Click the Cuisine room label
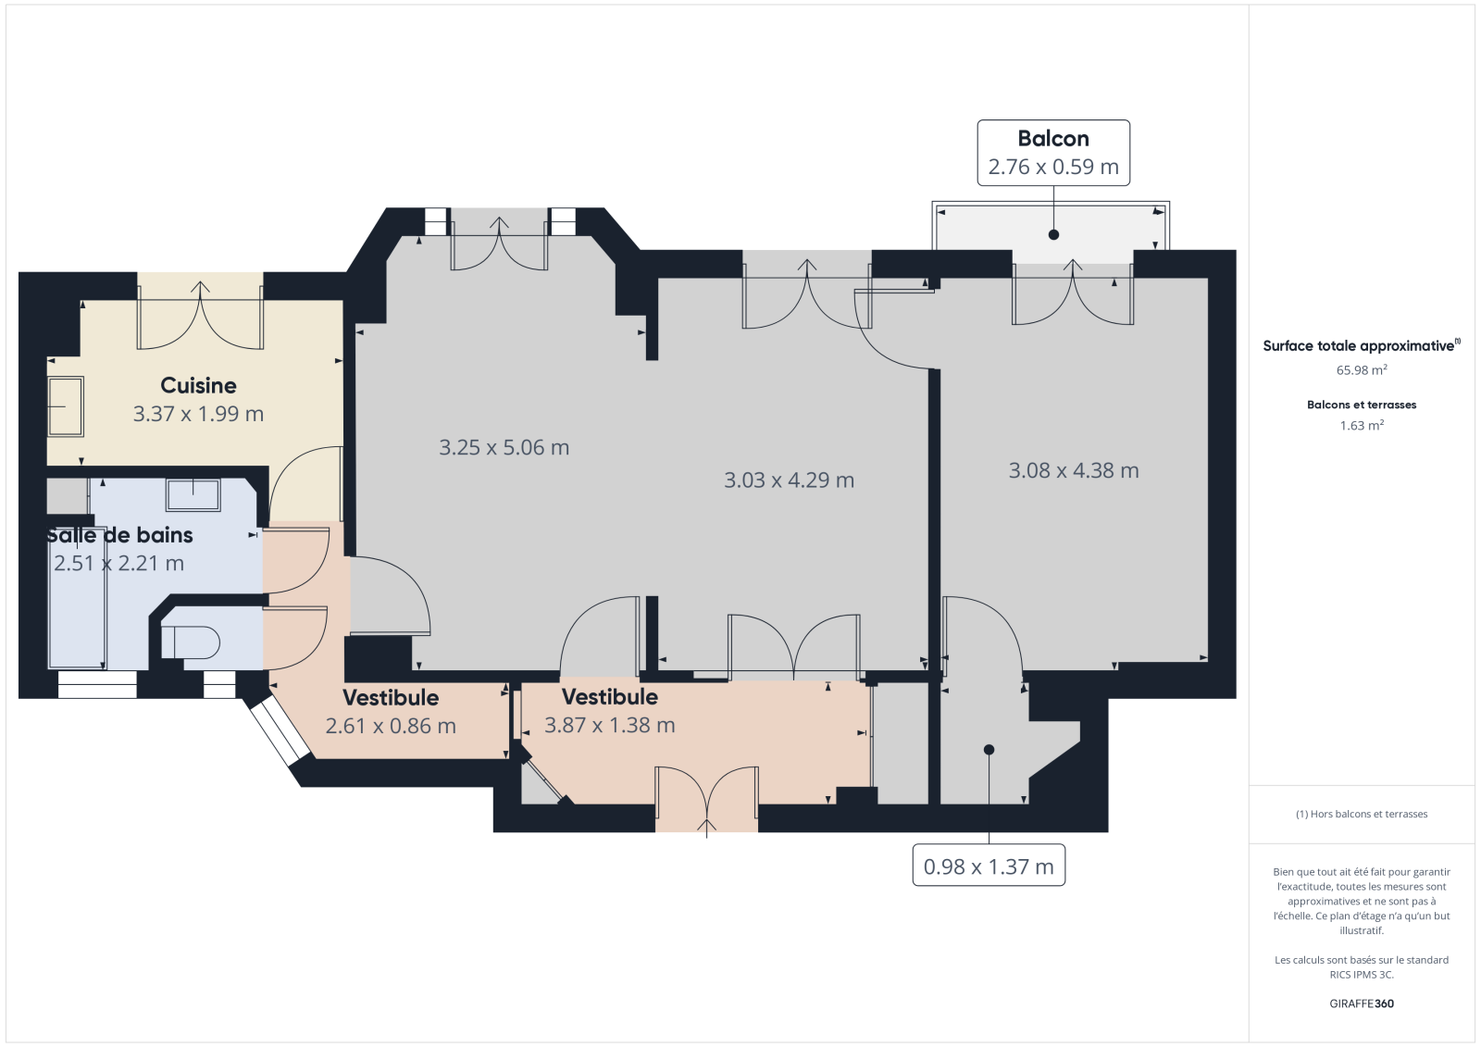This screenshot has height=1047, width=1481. (198, 385)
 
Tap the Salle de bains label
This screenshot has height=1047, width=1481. (119, 534)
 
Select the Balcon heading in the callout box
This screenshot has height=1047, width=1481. (1053, 138)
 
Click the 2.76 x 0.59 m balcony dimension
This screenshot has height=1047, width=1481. (1053, 167)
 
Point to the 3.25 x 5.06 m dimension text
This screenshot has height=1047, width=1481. (504, 448)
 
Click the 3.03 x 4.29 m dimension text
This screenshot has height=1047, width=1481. (789, 480)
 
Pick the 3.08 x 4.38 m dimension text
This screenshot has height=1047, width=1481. (1074, 471)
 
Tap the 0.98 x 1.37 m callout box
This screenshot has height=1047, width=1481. (989, 866)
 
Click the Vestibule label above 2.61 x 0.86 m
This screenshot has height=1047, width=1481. (390, 698)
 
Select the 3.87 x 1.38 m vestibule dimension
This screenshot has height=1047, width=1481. (610, 726)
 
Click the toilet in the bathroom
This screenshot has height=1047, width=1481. (191, 642)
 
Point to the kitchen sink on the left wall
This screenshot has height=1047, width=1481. (66, 406)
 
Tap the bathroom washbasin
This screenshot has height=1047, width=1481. (193, 494)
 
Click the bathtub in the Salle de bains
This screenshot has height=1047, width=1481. (78, 598)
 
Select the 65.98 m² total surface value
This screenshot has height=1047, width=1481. (1362, 369)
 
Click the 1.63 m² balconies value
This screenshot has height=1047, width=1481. (1362, 425)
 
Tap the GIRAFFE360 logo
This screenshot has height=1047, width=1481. (1362, 1003)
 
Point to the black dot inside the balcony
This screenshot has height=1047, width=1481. (1054, 235)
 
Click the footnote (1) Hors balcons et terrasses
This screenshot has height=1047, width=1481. (1362, 815)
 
